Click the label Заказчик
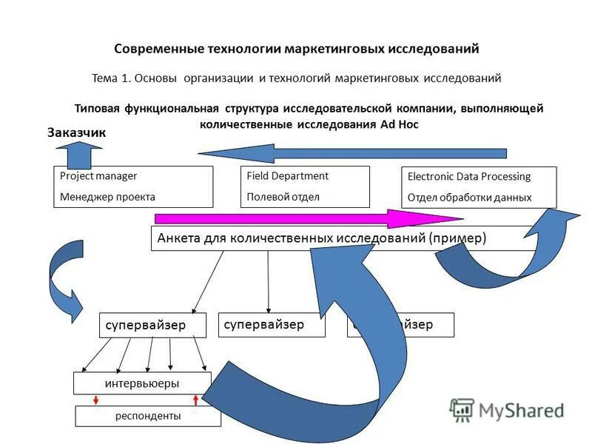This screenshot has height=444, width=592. [x=77, y=133]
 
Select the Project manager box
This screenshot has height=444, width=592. [x=133, y=186]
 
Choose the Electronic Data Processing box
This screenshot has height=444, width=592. [x=479, y=187]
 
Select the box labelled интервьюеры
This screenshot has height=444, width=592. [x=141, y=383]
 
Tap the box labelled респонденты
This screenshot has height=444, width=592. [x=148, y=416]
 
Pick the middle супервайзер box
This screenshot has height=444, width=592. [x=272, y=325]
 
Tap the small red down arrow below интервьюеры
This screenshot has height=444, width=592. [x=96, y=400]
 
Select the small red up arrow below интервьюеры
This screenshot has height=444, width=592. [x=195, y=400]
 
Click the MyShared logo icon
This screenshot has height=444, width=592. [x=462, y=410]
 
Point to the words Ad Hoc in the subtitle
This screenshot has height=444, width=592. [x=400, y=124]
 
